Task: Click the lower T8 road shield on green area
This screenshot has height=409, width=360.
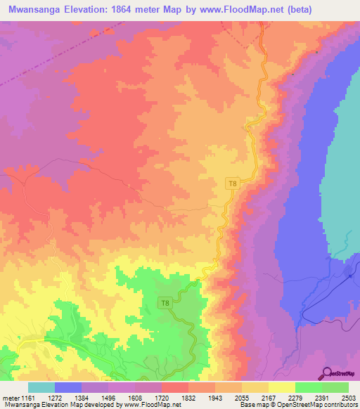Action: pyautogui.click(x=165, y=303)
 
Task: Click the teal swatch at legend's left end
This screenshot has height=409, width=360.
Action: pyautogui.click(x=41, y=387)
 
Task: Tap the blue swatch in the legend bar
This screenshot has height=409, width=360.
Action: pyautogui.click(x=67, y=387)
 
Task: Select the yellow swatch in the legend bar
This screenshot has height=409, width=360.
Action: pyautogui.click(x=281, y=387)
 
